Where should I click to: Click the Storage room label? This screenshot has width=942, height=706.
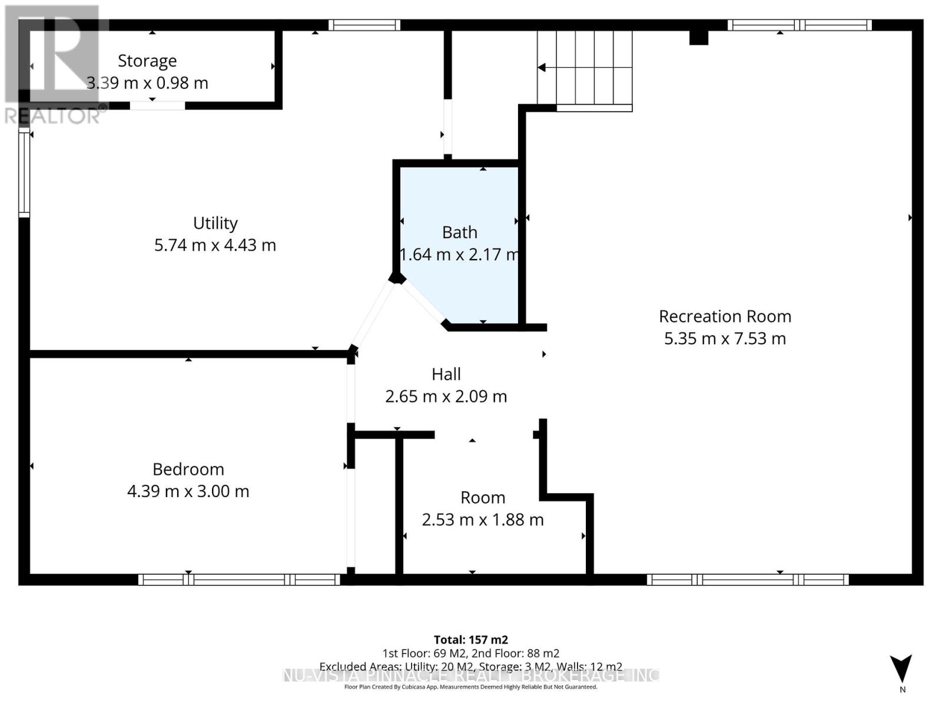[147, 61]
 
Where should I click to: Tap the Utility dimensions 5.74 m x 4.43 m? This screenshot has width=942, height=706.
[215, 245]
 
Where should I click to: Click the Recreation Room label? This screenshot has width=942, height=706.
[725, 317]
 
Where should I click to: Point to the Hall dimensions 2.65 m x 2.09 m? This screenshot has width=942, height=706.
[446, 397]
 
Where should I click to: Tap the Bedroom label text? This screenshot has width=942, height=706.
[188, 469]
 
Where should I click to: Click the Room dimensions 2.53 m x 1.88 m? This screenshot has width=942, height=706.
[483, 519]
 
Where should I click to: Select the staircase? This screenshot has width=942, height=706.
[584, 68]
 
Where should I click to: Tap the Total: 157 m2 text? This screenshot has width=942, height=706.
[470, 640]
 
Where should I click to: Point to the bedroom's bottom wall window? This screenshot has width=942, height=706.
[239, 580]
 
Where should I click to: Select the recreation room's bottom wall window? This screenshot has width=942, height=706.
[748, 580]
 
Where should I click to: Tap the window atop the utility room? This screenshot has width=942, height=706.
[364, 25]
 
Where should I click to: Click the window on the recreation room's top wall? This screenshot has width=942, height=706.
[799, 25]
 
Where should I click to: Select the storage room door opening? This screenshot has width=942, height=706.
[157, 106]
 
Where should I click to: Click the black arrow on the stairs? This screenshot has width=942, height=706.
[542, 68]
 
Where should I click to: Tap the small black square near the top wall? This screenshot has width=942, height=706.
[698, 37]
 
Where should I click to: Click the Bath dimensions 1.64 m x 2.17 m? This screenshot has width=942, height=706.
[459, 254]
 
